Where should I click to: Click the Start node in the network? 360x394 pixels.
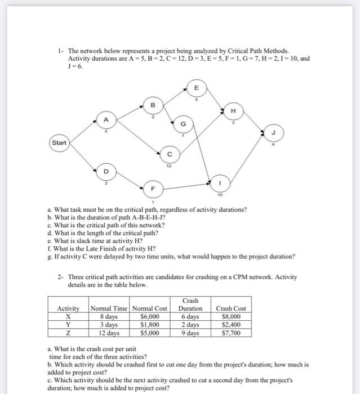coord(59,143)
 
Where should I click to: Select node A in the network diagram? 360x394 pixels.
coord(104,119)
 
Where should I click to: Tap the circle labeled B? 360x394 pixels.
coord(152,105)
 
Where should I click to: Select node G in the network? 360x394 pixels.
coord(183,123)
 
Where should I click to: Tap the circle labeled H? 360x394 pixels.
coord(233,111)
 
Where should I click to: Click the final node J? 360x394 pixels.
coord(274,133)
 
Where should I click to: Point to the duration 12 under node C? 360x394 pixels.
coord(168,165)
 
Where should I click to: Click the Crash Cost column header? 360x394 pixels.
coord(230,308)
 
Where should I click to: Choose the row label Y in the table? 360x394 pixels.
coord(68,324)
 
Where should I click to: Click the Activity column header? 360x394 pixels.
coord(68,308)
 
